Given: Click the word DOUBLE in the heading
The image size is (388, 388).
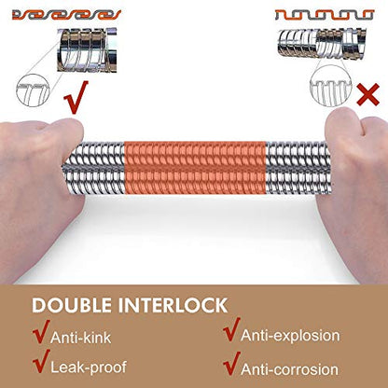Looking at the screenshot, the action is click(x=72, y=305).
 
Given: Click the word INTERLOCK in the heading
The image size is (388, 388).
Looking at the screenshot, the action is click(x=173, y=305).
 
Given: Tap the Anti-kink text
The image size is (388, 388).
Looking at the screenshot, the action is click(x=80, y=338).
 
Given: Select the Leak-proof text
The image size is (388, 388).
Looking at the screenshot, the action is click(x=89, y=367).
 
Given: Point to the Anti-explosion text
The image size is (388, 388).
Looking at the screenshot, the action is click(x=290, y=336).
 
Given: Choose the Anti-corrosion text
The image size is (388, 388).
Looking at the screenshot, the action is click(x=290, y=369).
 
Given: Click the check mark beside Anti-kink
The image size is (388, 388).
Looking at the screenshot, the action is click(x=41, y=331).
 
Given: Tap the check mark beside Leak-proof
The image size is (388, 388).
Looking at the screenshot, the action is click(x=41, y=361).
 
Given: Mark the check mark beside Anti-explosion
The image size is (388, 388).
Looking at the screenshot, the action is click(x=231, y=329).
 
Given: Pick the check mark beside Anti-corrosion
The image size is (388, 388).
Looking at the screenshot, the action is click(x=231, y=364).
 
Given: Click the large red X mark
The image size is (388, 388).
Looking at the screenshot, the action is click(x=368, y=94).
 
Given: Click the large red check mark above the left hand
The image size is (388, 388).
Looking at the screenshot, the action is click(x=76, y=98).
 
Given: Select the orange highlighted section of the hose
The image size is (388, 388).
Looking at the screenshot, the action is click(x=195, y=168).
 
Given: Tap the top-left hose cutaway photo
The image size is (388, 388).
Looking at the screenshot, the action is click(x=87, y=50).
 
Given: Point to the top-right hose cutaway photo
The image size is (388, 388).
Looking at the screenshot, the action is click(x=323, y=43).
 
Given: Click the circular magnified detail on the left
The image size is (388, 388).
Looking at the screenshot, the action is click(x=34, y=90).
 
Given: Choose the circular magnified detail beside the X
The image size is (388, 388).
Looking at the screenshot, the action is click(x=331, y=86).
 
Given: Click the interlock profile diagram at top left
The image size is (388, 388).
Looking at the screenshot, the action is click(x=67, y=15).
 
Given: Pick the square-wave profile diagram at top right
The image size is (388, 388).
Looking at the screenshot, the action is click(x=325, y=15).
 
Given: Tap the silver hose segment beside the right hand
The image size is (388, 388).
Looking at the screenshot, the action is click(x=298, y=168).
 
